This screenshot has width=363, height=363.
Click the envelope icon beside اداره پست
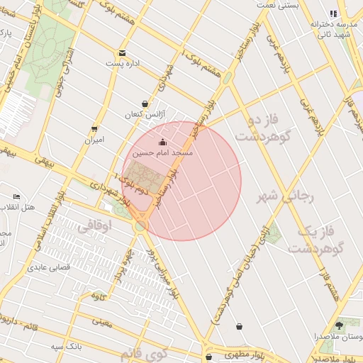coord(123,53)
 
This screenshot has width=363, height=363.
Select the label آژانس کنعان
coord(145,114)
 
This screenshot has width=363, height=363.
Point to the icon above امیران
coord(94,129)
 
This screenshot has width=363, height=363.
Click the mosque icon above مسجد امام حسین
coord(163,142)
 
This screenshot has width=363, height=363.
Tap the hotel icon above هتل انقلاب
coord(16,196)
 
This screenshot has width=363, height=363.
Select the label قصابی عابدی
coord(47,268)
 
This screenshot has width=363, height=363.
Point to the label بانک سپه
coord(63,347)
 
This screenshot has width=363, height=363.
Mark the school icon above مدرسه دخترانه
coord(333,13)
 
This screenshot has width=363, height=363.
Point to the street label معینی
coord(101,322)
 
